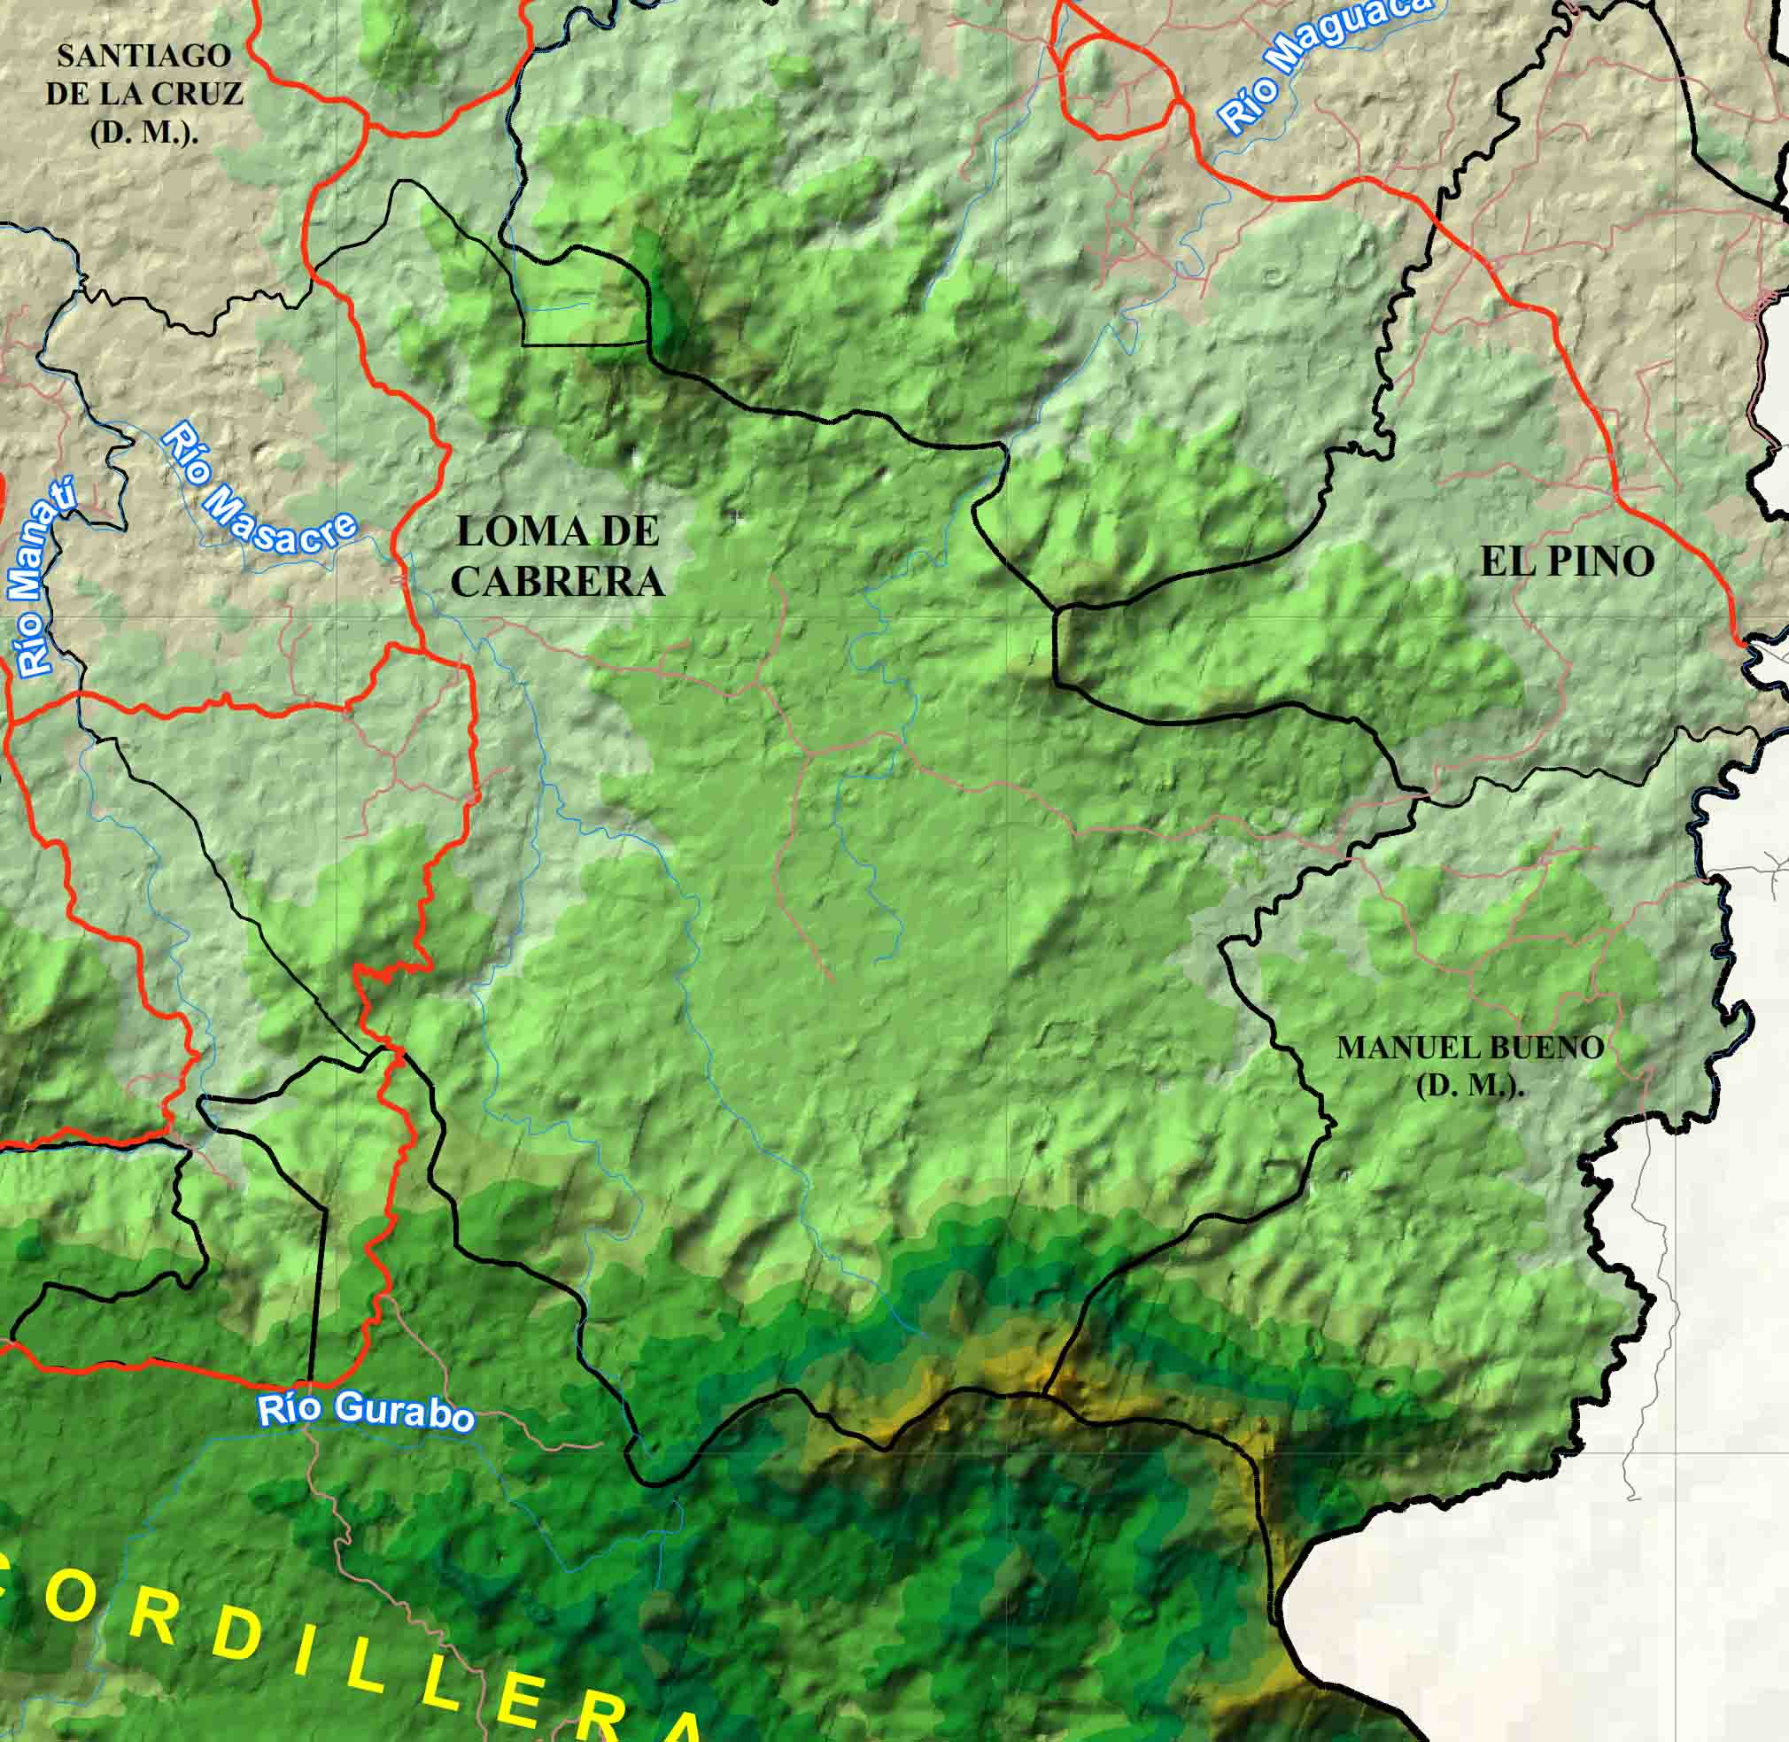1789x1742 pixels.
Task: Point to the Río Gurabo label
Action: click(x=366, y=1411)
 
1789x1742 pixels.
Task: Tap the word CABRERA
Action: click(x=557, y=581)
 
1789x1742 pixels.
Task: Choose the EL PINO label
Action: click(x=1567, y=561)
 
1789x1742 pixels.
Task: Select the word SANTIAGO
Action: click(x=143, y=57)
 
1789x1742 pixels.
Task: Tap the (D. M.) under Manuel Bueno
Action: click(x=1470, y=1087)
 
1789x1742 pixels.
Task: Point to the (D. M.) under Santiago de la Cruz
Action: click(x=144, y=133)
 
